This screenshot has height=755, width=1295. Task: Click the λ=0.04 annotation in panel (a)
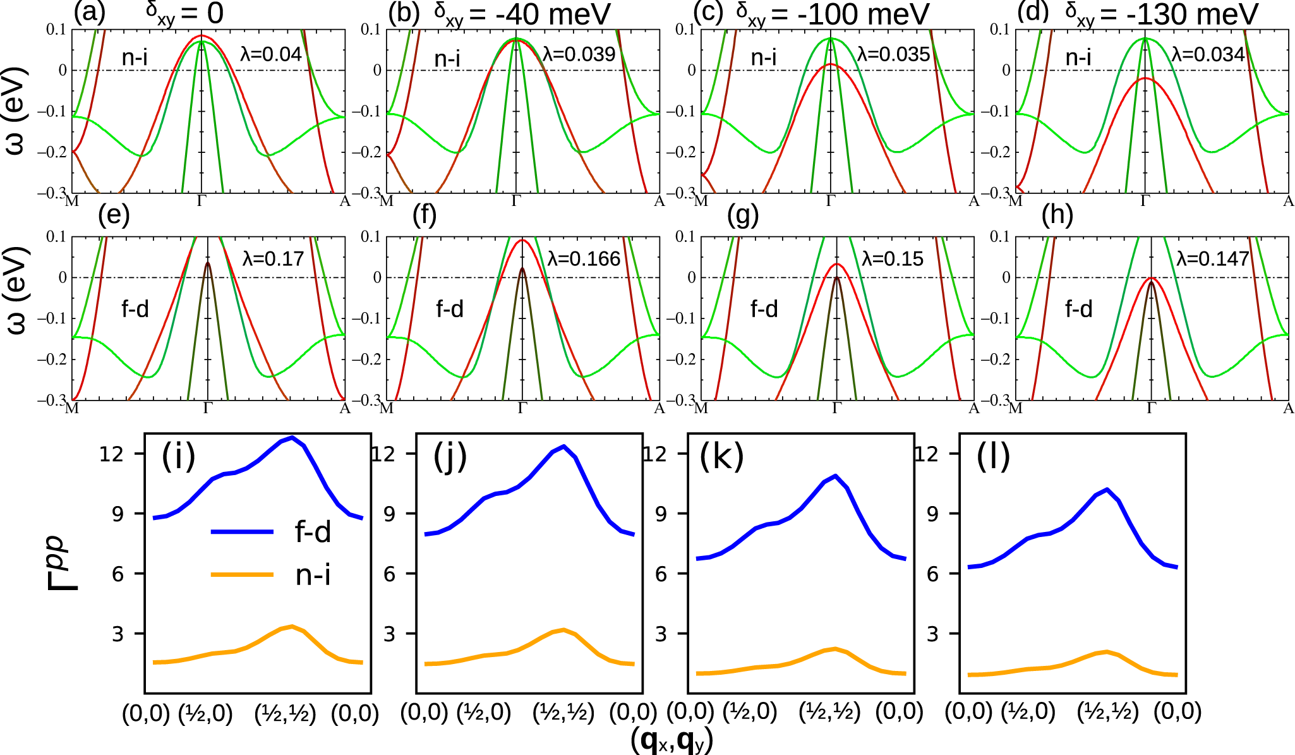pos(271,54)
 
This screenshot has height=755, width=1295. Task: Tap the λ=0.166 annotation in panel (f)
pos(584,259)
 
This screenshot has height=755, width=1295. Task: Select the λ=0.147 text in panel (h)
pos(1213,259)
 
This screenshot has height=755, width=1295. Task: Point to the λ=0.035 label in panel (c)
pos(893,54)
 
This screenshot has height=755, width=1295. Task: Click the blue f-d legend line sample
pos(242,532)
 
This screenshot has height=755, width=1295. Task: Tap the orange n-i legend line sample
pos(242,575)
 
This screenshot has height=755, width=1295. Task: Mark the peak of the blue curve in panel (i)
pos(291,437)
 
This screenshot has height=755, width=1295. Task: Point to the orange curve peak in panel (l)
pos(1106,651)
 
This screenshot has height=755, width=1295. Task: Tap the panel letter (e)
pos(114,216)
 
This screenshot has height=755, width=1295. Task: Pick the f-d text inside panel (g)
pos(764,309)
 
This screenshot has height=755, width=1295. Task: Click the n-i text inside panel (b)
pos(447,59)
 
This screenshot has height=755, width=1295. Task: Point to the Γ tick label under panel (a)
pos(202,202)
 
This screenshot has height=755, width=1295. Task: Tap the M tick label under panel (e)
pos(72,409)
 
